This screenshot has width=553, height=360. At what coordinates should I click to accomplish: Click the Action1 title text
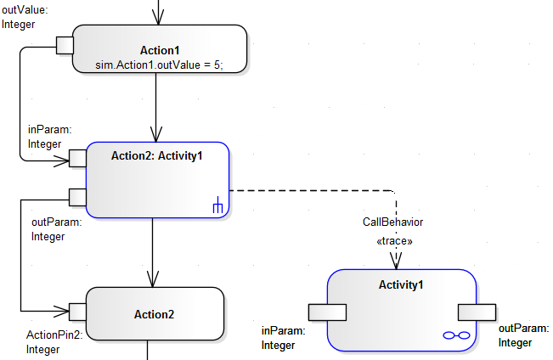point(160,50)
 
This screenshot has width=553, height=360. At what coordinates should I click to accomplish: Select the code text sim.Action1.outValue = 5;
point(160,65)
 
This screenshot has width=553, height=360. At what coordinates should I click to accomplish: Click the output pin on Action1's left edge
point(65,45)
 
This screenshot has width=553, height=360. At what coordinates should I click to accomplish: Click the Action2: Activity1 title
point(157,155)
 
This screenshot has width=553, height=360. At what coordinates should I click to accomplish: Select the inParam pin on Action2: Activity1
point(77,158)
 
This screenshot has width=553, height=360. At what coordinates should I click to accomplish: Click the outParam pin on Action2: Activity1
point(77,197)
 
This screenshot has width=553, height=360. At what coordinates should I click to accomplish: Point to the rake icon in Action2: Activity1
point(217,205)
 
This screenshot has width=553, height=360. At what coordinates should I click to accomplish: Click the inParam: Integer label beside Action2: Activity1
point(45,137)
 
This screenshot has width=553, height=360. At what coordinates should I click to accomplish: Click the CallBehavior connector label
point(393,222)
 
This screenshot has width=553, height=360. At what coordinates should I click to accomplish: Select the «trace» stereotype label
point(394,241)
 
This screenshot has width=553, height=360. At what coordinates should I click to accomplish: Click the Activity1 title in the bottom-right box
point(400,284)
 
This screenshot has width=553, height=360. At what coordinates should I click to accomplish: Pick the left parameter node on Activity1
point(327,312)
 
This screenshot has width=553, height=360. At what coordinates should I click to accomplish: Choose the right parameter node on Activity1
point(477,312)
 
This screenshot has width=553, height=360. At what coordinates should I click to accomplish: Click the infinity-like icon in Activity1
point(456,336)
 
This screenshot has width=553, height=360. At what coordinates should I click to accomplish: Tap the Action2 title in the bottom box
point(154,314)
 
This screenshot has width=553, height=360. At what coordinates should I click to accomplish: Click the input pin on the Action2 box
point(77,312)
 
